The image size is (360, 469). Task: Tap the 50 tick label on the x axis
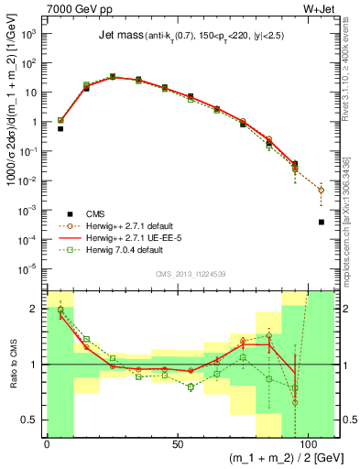[177, 444]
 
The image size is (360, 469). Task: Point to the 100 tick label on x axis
[308, 444]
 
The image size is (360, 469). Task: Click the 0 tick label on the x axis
[47, 444]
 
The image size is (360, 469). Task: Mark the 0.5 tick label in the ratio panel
[31, 420]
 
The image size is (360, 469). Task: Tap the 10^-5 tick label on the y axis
[30, 268]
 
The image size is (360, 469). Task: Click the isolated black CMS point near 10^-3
[322, 222]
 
